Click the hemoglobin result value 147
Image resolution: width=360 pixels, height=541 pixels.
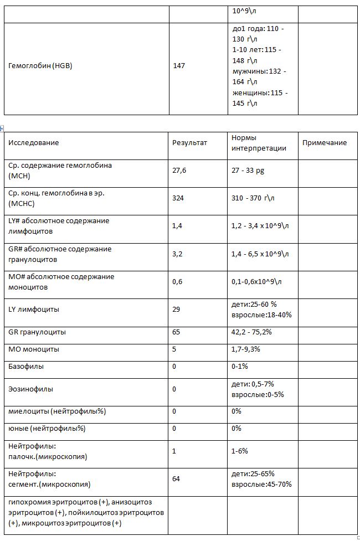[179, 66]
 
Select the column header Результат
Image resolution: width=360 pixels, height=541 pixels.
[189, 143]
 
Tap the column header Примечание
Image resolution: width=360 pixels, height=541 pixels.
[325, 143]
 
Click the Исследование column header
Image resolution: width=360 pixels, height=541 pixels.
[34, 143]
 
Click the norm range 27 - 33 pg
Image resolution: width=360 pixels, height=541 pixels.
[248, 171]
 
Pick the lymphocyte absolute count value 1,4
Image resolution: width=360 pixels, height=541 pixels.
[177, 226]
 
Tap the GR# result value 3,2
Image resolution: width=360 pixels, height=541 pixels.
[177, 254]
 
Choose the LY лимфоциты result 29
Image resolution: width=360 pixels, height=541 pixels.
[176, 309]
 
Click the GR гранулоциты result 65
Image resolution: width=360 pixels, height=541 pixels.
[176, 332]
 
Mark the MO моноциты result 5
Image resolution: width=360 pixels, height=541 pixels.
[174, 349]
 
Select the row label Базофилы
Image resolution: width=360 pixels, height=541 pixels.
[26, 367]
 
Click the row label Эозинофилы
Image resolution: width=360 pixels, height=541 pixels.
[31, 389]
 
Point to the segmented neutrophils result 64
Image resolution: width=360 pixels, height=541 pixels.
[176, 478]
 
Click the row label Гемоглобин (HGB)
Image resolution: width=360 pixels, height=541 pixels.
[40, 66]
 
